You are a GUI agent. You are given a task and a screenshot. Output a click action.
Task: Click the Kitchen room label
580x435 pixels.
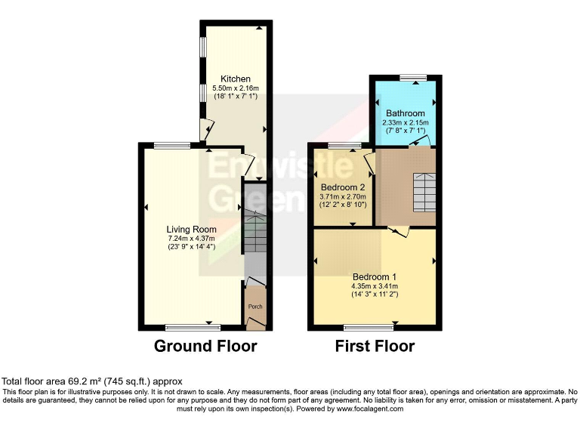tap(236, 79)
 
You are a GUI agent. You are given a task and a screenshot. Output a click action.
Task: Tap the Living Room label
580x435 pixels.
tap(192, 230)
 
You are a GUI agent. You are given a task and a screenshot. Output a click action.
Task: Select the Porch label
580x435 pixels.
tap(256, 307)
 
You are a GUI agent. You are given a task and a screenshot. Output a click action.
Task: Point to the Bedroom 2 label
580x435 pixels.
tap(343, 187)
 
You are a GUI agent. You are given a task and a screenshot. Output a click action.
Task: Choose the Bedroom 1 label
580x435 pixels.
tap(374, 277)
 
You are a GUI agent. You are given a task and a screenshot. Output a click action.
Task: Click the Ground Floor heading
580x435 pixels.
tap(205, 347)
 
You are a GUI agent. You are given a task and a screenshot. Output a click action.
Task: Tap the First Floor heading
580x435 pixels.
tap(375, 347)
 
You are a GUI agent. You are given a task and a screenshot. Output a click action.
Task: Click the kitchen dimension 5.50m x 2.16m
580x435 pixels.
tap(236, 88)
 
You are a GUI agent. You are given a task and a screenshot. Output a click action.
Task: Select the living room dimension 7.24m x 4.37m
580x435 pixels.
tap(192, 239)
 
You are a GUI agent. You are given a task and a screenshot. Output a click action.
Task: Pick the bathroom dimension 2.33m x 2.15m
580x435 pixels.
tap(406, 122)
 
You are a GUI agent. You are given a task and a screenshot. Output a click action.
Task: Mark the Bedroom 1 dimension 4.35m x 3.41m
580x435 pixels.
tap(374, 286)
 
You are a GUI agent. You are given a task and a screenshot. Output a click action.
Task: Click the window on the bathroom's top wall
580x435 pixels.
tap(412, 77)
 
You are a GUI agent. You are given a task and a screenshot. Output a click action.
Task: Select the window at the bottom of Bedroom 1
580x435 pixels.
tap(369, 327)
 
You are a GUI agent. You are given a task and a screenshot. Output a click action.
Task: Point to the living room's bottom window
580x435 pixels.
tap(193, 327)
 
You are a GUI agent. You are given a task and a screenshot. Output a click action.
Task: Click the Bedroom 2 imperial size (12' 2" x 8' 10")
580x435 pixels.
tap(343, 205)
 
